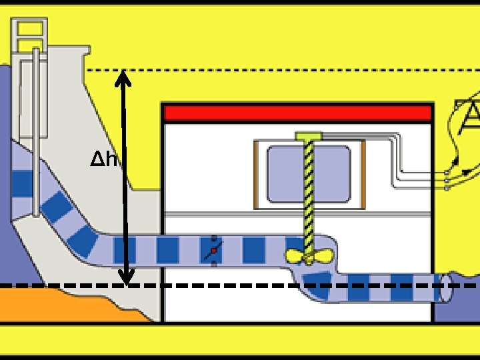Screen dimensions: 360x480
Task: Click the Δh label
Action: pyautogui.click(x=104, y=160)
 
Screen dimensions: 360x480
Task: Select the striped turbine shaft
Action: pyautogui.click(x=309, y=193)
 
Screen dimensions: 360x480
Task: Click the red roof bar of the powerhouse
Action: pyautogui.click(x=297, y=113)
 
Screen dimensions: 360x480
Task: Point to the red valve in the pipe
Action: pyautogui.click(x=213, y=251)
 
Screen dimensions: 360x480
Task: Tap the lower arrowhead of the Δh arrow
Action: pyautogui.click(x=125, y=277)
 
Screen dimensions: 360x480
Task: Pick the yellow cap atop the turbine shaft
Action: pyautogui.click(x=308, y=136)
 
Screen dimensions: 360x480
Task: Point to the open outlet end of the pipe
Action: pyautogui.click(x=443, y=289)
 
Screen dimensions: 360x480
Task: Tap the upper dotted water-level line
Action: pyautogui.click(x=300, y=69)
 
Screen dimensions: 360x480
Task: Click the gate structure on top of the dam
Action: pyautogui.click(x=30, y=37)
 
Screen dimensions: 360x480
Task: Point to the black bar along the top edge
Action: pyautogui.click(x=240, y=3)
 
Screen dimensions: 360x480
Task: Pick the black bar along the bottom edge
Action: pyautogui.click(x=240, y=357)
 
